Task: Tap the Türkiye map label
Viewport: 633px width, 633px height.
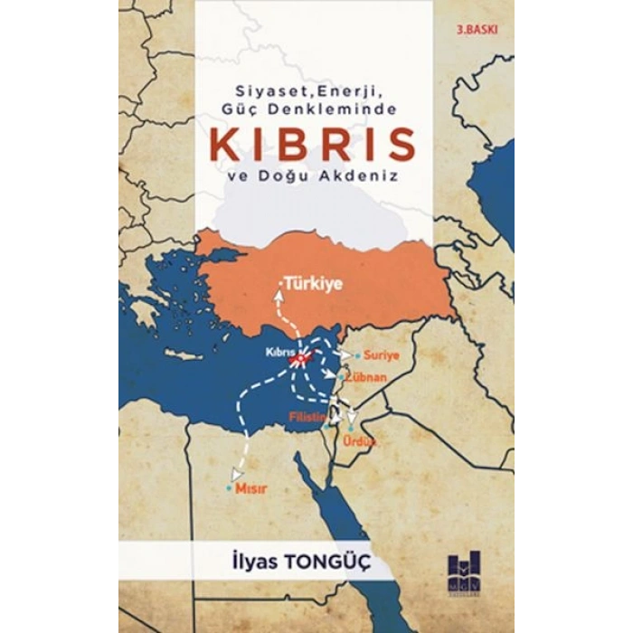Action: (313, 283)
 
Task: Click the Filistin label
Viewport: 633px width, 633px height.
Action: (306, 417)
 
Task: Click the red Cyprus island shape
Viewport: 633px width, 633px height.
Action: (299, 359)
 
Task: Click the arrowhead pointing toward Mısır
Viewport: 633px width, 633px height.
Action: (238, 472)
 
